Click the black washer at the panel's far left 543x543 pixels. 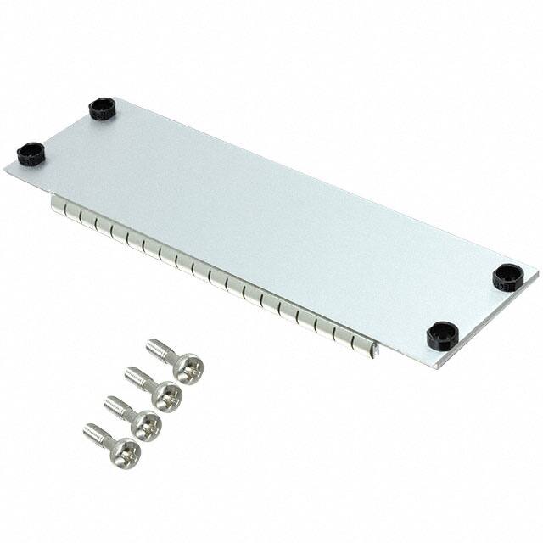point(30,154)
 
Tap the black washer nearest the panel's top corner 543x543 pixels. point(102,109)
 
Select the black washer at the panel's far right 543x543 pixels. point(507,277)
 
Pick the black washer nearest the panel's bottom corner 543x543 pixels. point(442,336)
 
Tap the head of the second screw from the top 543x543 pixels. point(166,395)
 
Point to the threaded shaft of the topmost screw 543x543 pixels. point(160,350)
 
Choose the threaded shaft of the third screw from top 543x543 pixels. point(117,405)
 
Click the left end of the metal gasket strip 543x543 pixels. point(55,204)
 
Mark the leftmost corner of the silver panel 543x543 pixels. point(5,169)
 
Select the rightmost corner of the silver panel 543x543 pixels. point(536,273)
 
